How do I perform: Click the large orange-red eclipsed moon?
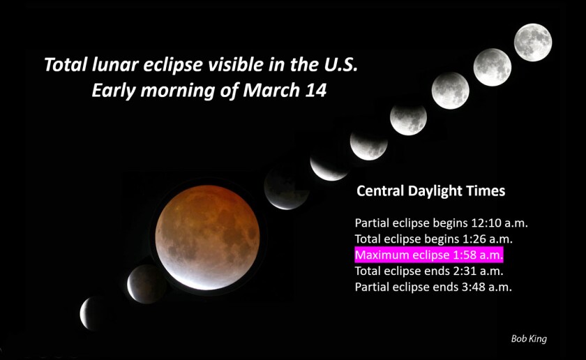[207, 237]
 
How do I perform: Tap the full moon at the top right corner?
[533, 43]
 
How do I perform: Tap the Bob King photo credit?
[529, 338]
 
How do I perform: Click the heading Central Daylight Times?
[431, 190]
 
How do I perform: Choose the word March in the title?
[271, 91]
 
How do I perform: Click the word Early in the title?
[114, 91]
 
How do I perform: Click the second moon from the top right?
[493, 67]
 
